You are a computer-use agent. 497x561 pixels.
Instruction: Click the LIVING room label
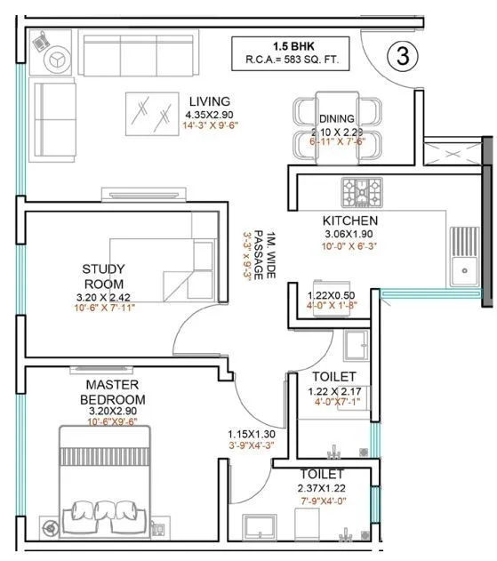click(x=209, y=101)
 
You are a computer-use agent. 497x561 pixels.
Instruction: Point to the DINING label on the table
click(x=337, y=118)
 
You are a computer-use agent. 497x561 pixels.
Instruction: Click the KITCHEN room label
click(x=349, y=220)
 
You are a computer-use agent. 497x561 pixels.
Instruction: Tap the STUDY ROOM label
click(x=104, y=276)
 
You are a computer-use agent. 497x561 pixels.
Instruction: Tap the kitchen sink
click(x=463, y=256)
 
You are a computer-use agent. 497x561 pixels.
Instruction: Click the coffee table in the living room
click(x=149, y=112)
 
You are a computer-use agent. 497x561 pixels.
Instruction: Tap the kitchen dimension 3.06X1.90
click(x=349, y=235)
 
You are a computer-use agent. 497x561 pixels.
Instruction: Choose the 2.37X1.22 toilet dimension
click(x=322, y=488)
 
